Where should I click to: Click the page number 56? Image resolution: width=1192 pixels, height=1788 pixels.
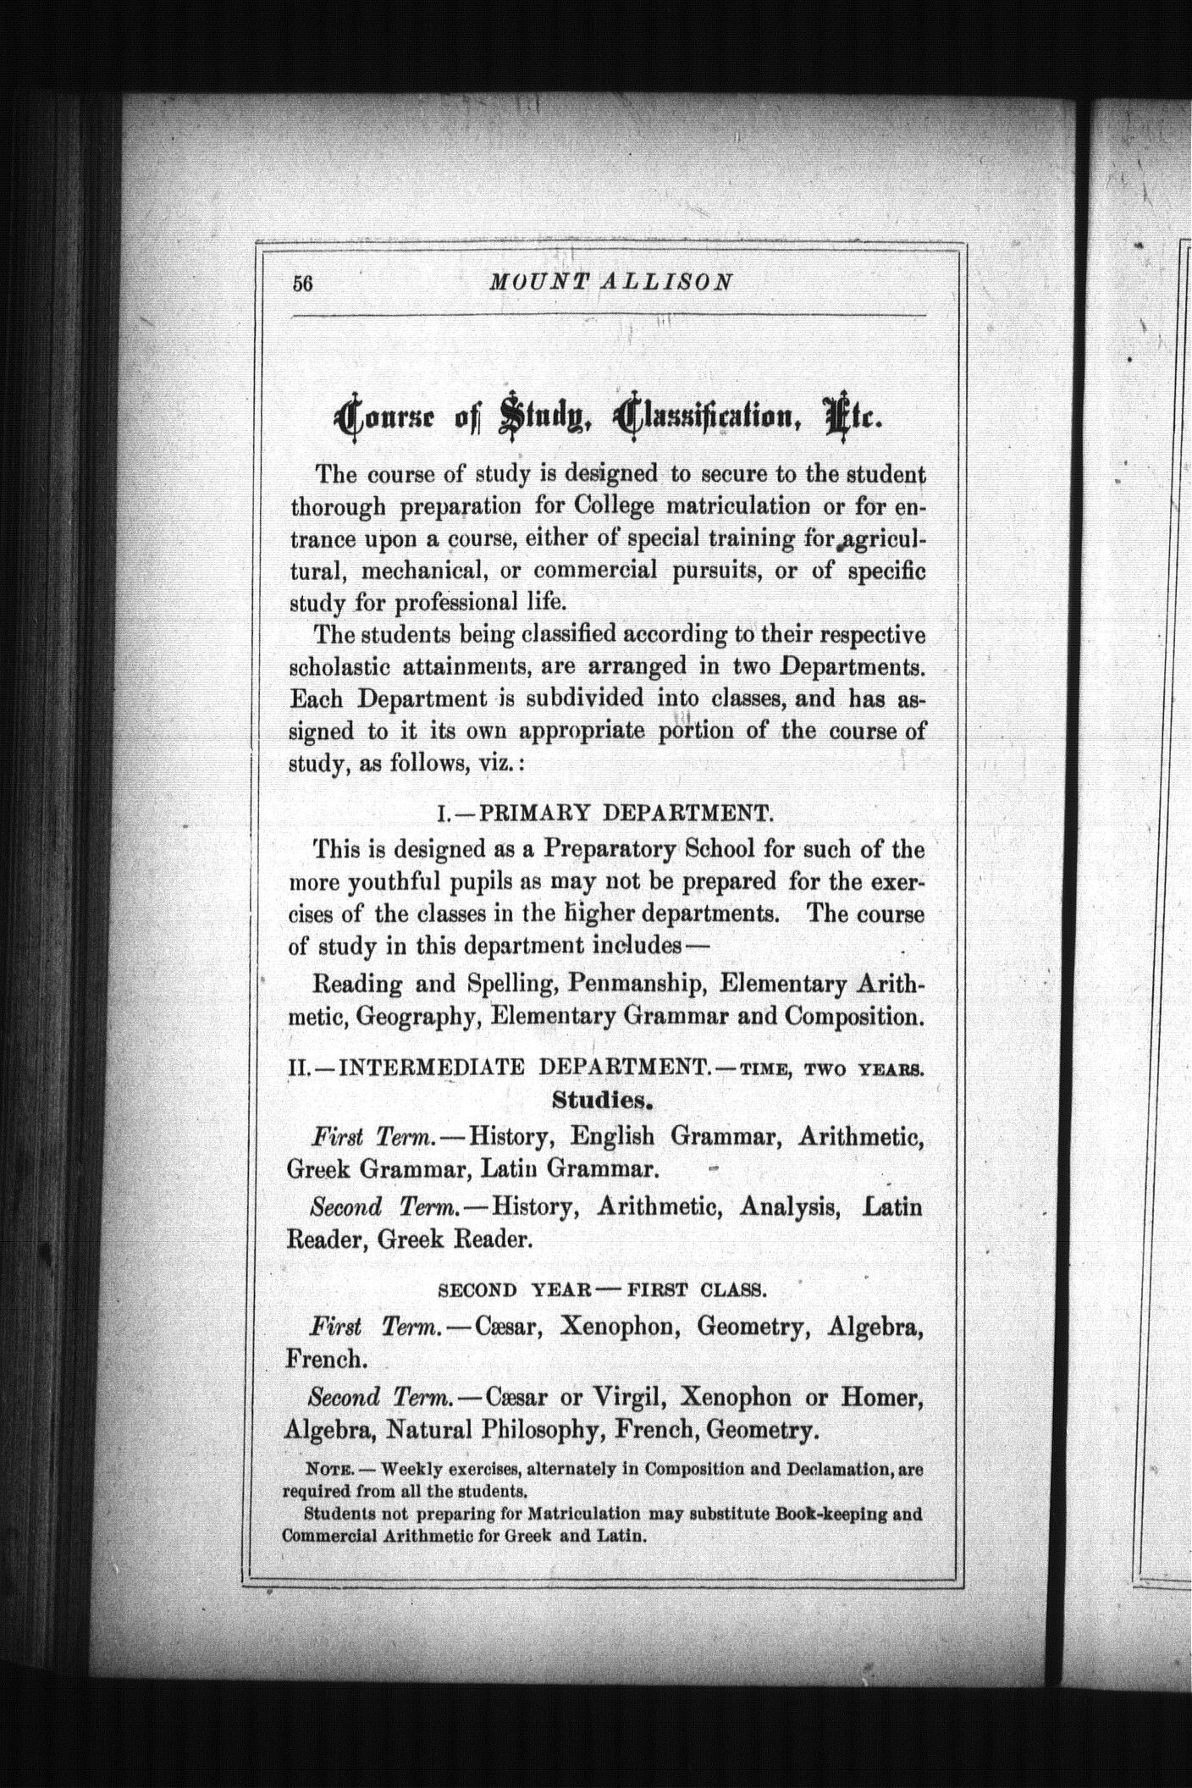pyautogui.click(x=303, y=284)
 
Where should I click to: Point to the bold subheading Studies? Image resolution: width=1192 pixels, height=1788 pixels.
pyautogui.click(x=604, y=1101)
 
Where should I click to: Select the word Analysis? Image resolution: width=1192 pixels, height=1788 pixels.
pyautogui.click(x=789, y=1206)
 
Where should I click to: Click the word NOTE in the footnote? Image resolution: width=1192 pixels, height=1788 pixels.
pyautogui.click(x=322, y=1471)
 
